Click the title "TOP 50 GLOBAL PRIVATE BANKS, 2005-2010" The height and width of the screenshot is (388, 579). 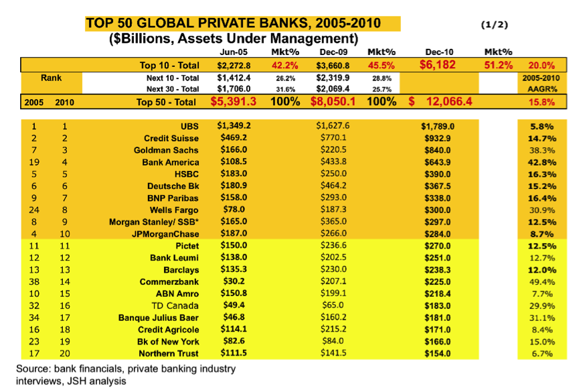click(x=233, y=24)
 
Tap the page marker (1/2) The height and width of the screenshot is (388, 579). click(x=495, y=25)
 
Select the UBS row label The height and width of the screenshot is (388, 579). click(x=190, y=125)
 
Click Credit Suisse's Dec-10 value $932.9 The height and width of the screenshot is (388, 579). click(x=438, y=137)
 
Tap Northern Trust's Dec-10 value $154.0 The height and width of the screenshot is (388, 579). click(x=438, y=354)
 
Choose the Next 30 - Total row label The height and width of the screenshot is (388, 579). click(x=172, y=88)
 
